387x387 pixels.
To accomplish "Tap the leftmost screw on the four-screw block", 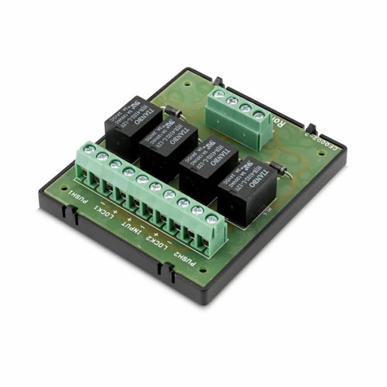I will coord(219,94).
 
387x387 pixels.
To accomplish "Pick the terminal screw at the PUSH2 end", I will coord(211,219).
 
